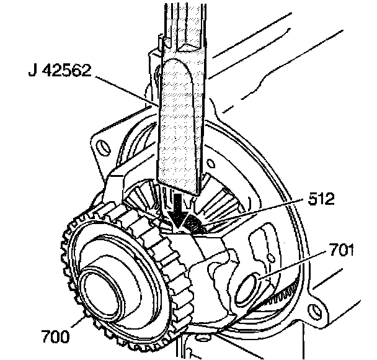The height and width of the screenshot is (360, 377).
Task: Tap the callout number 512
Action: tap(321, 199)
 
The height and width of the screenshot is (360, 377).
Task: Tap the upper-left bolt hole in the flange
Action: tap(97, 146)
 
